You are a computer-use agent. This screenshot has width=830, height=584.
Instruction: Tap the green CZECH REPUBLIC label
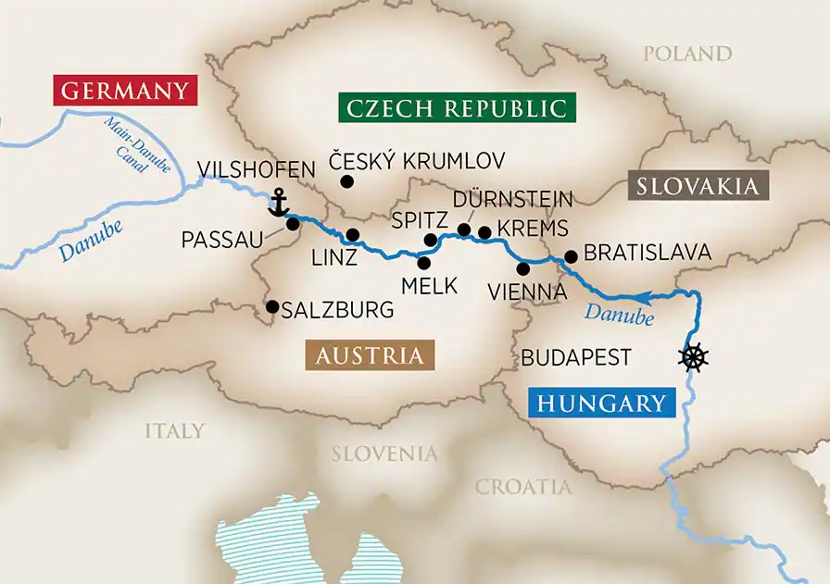point(456,107)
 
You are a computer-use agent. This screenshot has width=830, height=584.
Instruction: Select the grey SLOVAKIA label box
point(698,186)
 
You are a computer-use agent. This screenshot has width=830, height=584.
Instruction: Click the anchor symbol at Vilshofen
point(276,201)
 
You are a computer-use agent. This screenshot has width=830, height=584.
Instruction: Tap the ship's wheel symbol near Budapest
point(694,357)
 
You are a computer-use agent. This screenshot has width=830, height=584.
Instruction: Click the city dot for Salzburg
point(271,306)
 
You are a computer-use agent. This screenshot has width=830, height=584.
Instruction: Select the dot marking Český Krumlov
point(346,181)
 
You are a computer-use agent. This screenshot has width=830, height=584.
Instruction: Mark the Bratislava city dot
point(571,255)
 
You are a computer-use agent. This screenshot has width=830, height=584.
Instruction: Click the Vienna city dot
point(523,268)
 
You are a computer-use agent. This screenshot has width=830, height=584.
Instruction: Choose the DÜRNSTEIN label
point(513,199)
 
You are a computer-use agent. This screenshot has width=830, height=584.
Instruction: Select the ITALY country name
point(174,431)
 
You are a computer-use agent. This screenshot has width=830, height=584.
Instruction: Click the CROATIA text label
point(524,487)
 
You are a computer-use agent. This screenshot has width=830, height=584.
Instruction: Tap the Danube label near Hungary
point(618,312)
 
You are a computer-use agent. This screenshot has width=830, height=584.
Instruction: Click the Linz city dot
point(352,235)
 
